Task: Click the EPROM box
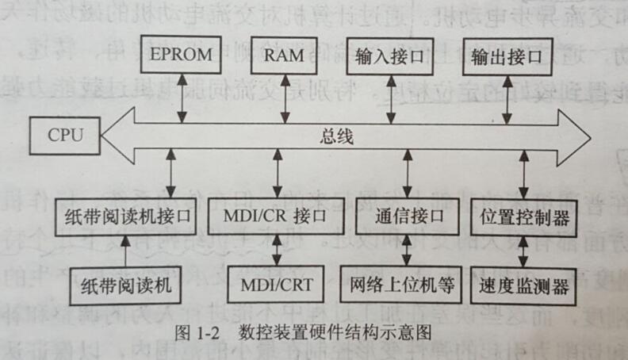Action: pyautogui.click(x=182, y=55)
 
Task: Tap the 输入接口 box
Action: pyautogui.click(x=389, y=55)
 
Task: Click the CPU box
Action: pyautogui.click(x=66, y=135)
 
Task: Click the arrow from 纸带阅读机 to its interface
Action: pyautogui.click(x=124, y=251)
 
